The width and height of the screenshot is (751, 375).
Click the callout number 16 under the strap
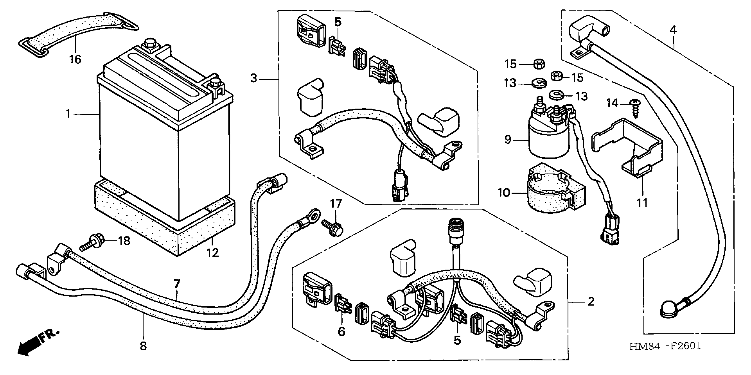click(75, 59)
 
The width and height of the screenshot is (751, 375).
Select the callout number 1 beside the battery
click(68, 114)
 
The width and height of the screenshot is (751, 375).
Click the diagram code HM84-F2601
click(665, 346)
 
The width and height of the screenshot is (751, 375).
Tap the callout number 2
click(591, 302)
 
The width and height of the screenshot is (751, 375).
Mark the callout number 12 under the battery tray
click(213, 252)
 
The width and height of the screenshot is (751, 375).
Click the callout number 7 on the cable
click(177, 283)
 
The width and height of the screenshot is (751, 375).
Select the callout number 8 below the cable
click(143, 346)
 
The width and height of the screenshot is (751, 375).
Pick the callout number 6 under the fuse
click(341, 331)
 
